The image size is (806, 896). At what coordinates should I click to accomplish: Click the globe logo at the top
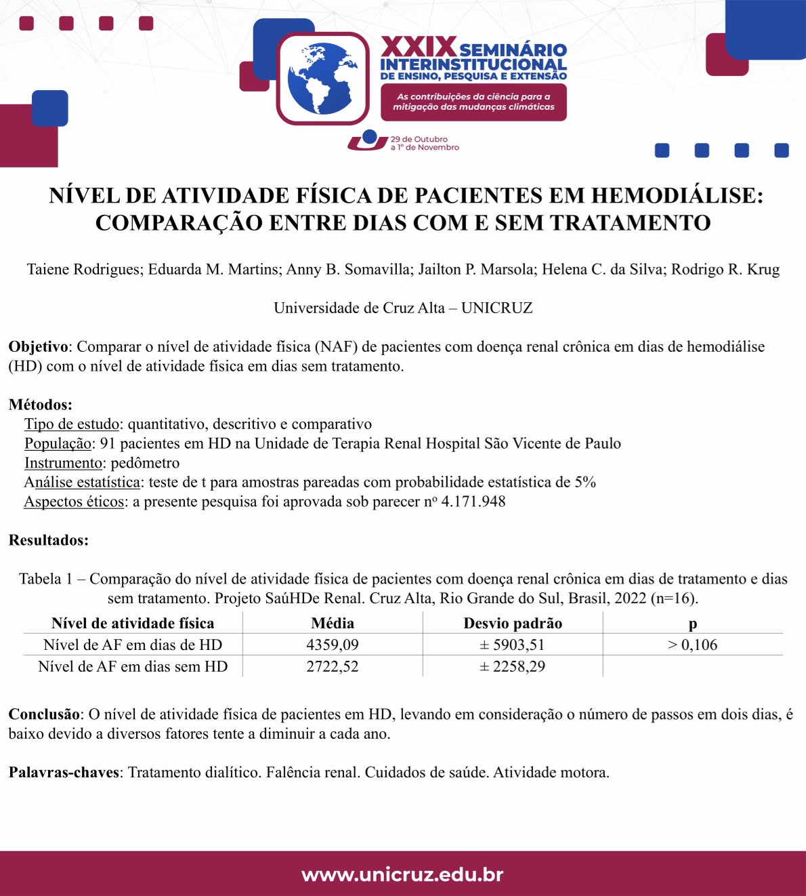pyautogui.click(x=322, y=79)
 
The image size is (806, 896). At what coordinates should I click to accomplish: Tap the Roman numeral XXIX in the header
pyautogui.click(x=418, y=47)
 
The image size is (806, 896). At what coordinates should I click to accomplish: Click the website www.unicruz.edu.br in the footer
pyautogui.click(x=402, y=874)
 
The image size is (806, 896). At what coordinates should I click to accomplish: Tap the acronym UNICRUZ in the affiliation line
pyautogui.click(x=496, y=308)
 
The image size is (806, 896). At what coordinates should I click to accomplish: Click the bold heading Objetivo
pyautogui.click(x=38, y=346)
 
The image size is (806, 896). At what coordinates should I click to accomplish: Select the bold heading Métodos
pyautogui.click(x=39, y=405)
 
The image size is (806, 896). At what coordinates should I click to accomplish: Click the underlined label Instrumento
pyautogui.click(x=63, y=463)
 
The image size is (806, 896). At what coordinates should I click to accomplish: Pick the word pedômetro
pyautogui.click(x=145, y=463)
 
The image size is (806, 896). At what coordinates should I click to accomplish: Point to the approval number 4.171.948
pyautogui.click(x=473, y=502)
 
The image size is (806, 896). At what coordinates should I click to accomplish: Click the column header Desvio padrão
pyautogui.click(x=513, y=623)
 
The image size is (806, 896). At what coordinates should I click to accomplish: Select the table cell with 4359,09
pyautogui.click(x=332, y=645)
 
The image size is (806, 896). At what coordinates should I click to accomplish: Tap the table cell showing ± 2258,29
pyautogui.click(x=513, y=666)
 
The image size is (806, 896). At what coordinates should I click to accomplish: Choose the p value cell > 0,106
pyautogui.click(x=692, y=645)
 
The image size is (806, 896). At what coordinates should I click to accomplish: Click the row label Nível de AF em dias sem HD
pyautogui.click(x=133, y=666)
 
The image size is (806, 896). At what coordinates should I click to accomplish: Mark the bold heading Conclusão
pyautogui.click(x=44, y=714)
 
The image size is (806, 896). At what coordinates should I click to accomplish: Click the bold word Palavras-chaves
pyautogui.click(x=64, y=772)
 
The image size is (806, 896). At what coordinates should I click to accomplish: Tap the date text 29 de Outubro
pyautogui.click(x=419, y=139)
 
